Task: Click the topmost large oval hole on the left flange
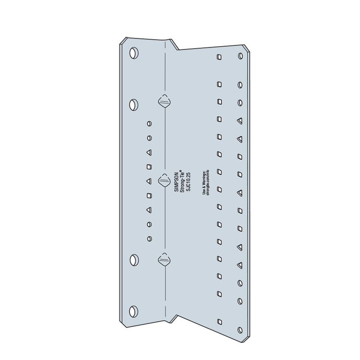point(133,53)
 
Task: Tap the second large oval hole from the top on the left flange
point(133,105)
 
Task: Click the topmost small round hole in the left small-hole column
point(149,123)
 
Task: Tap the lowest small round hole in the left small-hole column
point(149,238)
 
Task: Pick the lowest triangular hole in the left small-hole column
point(149,210)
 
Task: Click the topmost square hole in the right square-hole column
point(220,56)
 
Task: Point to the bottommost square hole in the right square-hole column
point(220,321)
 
